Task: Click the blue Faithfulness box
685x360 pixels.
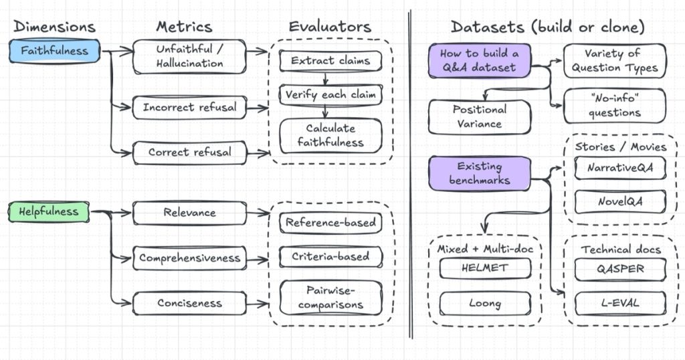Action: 54,50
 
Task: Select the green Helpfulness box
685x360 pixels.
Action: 49,211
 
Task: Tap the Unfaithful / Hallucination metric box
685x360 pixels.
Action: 189,56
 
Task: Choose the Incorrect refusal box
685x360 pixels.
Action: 189,107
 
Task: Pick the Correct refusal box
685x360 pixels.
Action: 189,152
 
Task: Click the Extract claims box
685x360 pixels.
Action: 330,60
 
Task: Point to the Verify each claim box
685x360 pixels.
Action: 330,94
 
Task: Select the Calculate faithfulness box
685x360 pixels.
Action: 330,135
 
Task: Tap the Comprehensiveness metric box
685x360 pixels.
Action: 189,258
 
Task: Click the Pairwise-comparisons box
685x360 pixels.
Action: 330,297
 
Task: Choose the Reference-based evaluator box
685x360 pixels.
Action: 330,222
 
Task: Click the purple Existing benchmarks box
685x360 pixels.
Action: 480,173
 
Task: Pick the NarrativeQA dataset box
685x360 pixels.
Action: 620,169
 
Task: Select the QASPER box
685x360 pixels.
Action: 620,269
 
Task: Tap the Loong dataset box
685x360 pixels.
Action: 485,303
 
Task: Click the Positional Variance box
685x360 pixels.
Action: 480,116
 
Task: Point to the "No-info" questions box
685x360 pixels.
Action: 615,106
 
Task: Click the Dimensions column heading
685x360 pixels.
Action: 54,27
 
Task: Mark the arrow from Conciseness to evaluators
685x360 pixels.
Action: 258,304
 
